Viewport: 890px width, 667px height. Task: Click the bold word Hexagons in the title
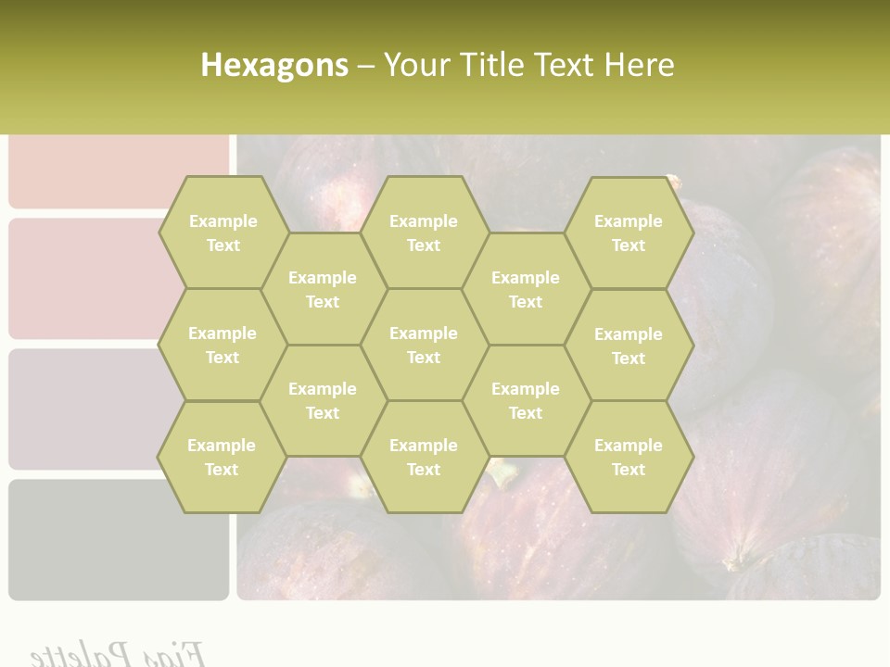pos(274,65)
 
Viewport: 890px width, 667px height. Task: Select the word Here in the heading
pos(639,65)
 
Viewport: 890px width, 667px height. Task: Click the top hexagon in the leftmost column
pos(222,233)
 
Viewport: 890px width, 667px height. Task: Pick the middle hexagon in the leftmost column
pos(222,345)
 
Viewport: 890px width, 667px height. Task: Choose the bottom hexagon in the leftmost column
pos(222,457)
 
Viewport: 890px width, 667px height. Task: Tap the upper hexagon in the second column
pos(323,289)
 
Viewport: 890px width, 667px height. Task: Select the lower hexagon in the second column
pos(323,400)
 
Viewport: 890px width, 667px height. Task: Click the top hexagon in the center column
pos(424,233)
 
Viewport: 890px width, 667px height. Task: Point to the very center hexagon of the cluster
pos(424,345)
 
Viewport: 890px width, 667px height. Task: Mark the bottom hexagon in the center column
pos(424,457)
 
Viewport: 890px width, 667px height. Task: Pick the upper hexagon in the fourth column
pos(526,289)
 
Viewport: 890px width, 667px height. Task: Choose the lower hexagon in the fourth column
pos(526,400)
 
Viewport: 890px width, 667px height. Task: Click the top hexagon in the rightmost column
pos(629,233)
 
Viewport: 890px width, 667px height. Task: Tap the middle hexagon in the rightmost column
pos(629,346)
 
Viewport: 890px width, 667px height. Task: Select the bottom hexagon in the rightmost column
pos(629,457)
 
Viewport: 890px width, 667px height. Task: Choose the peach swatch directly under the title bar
pos(118,171)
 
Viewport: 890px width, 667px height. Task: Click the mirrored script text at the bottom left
pos(117,652)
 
